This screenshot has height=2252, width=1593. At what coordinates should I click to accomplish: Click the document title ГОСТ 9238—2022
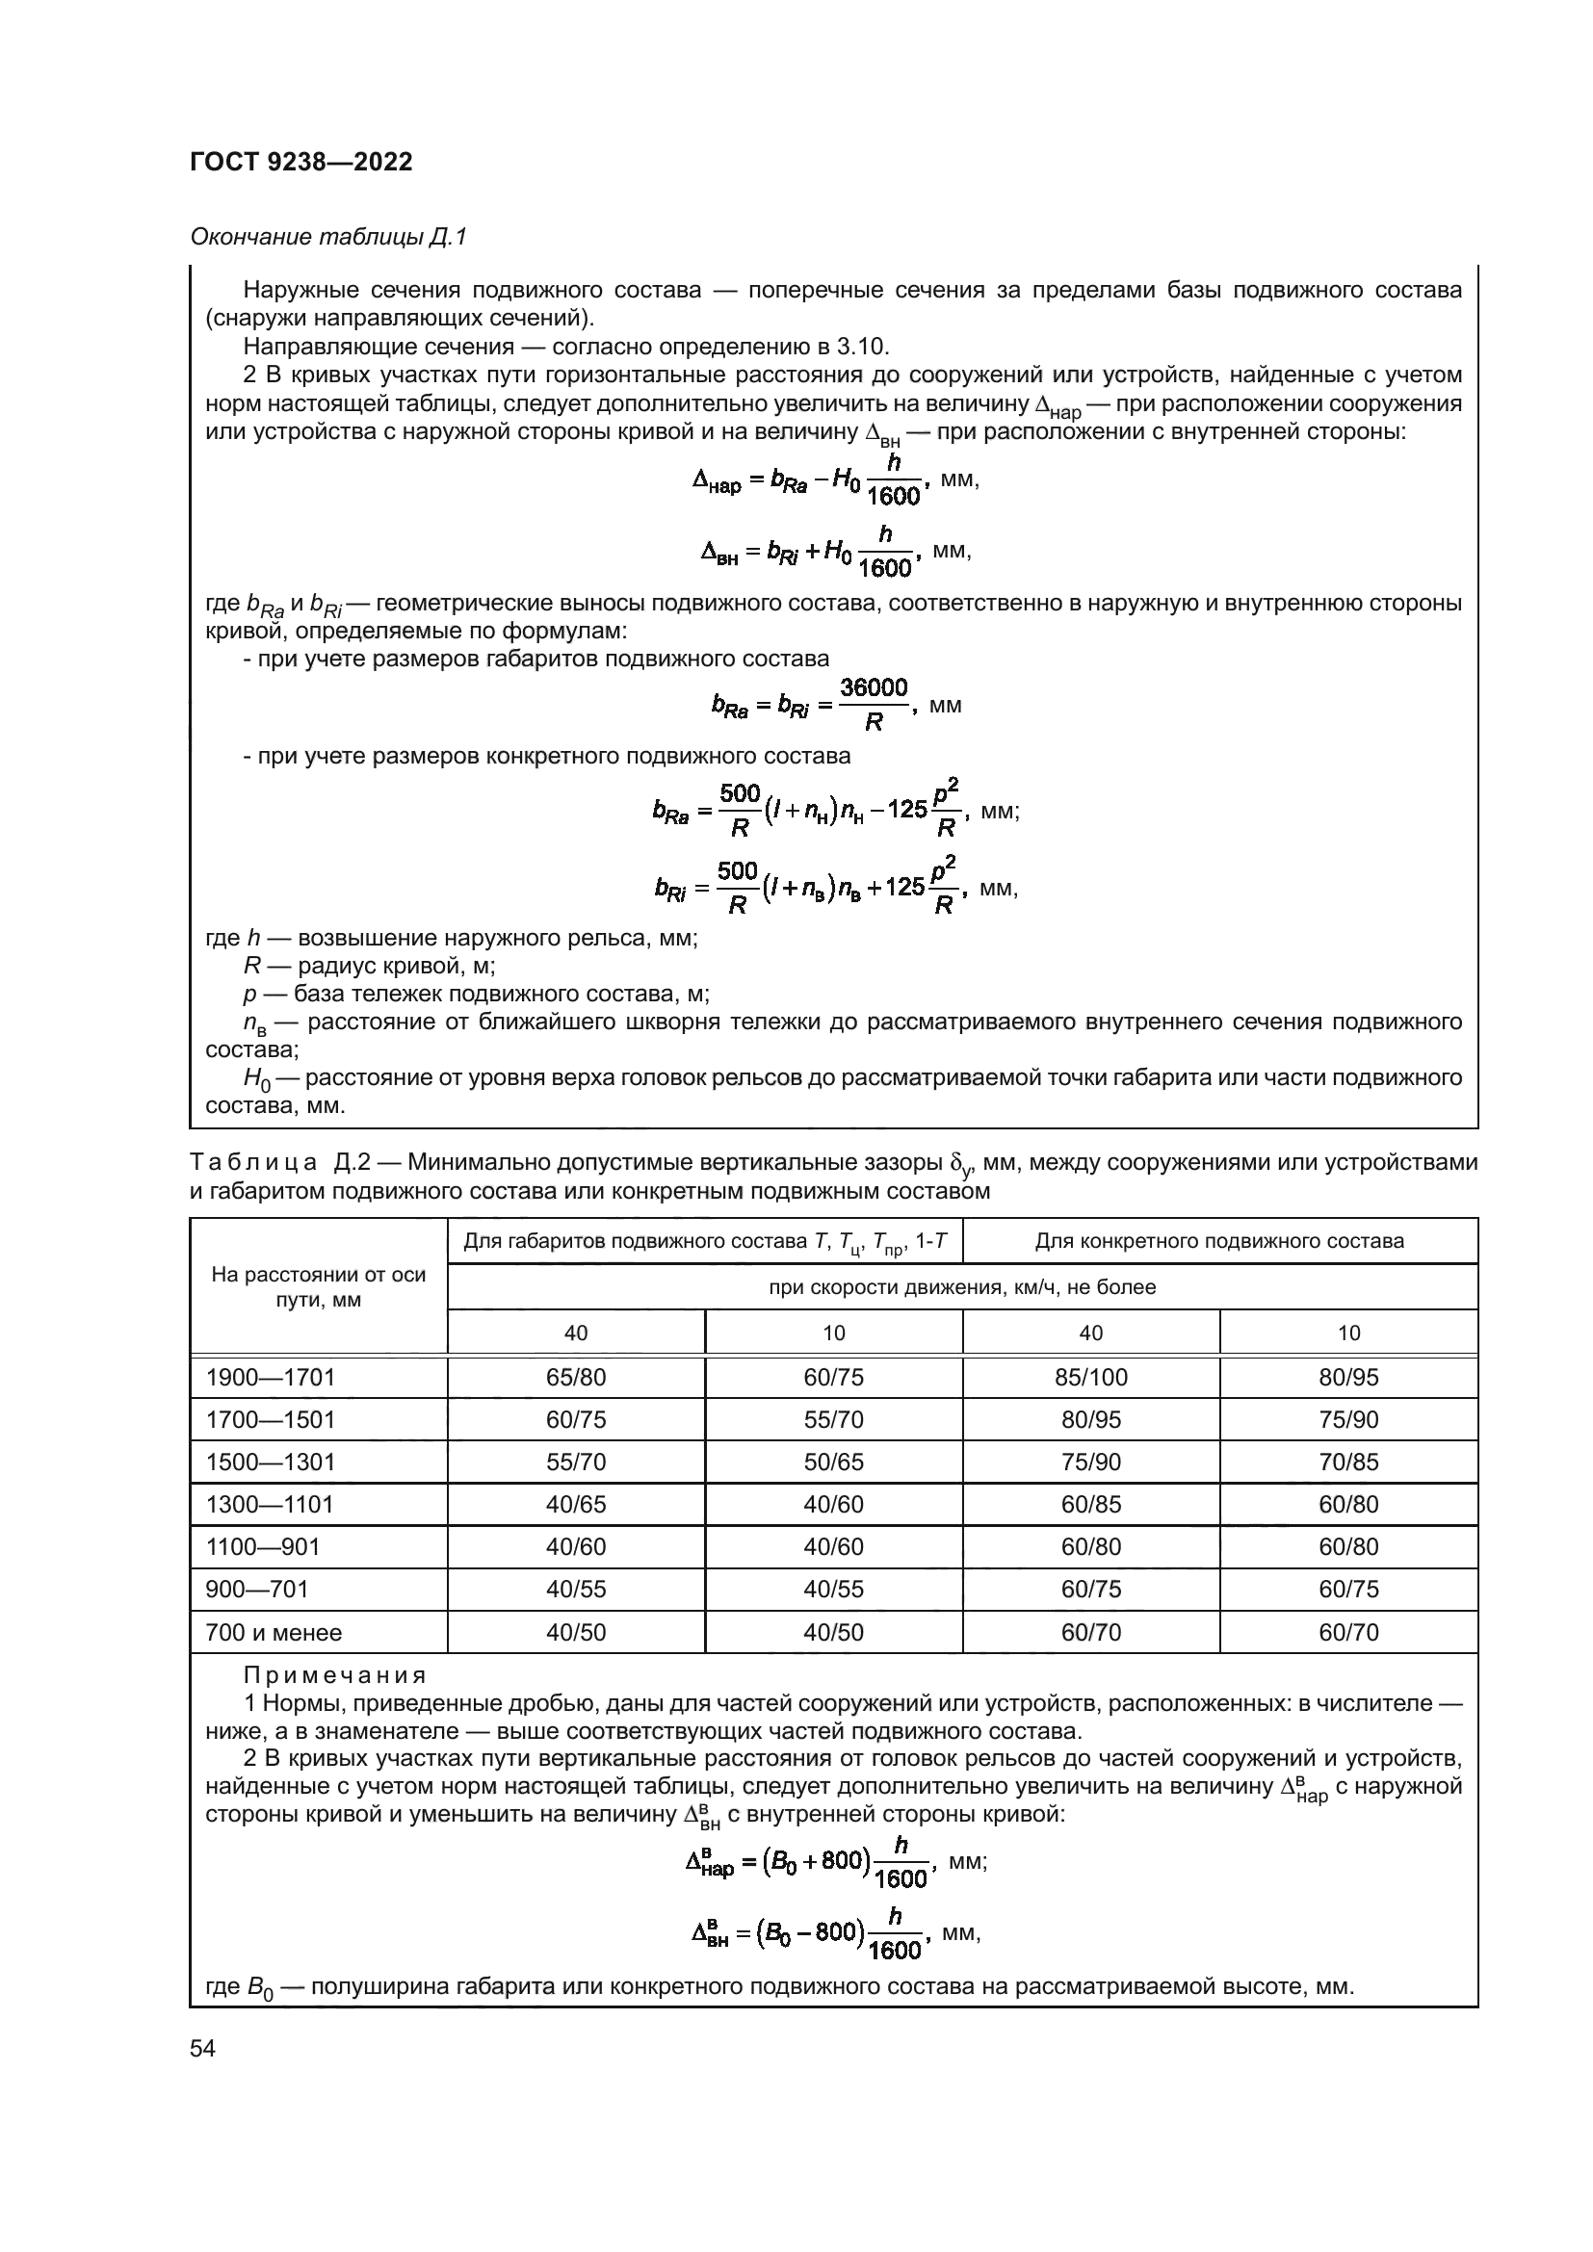pyautogui.click(x=301, y=163)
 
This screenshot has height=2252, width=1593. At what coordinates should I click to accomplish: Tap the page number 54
pyautogui.click(x=203, y=2048)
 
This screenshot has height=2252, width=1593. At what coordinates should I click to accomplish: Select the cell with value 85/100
pyautogui.click(x=1091, y=1378)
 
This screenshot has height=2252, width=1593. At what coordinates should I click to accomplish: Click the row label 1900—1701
pyautogui.click(x=271, y=1378)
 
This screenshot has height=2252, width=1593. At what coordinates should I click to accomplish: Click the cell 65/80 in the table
pyautogui.click(x=576, y=1378)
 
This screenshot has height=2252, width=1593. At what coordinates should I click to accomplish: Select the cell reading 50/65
pyautogui.click(x=834, y=1463)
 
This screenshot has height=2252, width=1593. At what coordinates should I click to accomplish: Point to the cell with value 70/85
pyautogui.click(x=1348, y=1463)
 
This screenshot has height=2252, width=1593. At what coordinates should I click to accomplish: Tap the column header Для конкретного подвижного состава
pyautogui.click(x=1219, y=1242)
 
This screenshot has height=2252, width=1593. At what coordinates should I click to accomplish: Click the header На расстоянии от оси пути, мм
pyautogui.click(x=319, y=1288)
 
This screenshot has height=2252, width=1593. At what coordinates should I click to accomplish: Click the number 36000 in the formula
pyautogui.click(x=874, y=687)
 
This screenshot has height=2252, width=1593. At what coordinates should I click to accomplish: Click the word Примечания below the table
pyautogui.click(x=335, y=1675)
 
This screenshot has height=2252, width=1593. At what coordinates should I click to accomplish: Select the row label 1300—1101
pyautogui.click(x=270, y=1505)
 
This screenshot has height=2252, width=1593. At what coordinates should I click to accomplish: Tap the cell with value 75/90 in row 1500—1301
pyautogui.click(x=1091, y=1463)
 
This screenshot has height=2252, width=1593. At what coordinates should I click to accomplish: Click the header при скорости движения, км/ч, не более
pyautogui.click(x=962, y=1287)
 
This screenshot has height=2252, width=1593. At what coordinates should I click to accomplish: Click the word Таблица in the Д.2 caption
pyautogui.click(x=254, y=1163)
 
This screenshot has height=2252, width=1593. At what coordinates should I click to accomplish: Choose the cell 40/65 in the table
pyautogui.click(x=576, y=1505)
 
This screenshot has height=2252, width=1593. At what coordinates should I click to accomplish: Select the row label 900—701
pyautogui.click(x=257, y=1590)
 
